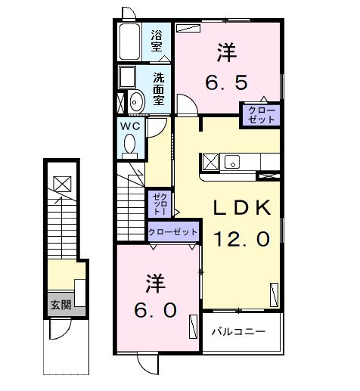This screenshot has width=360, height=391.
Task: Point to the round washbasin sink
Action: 138,101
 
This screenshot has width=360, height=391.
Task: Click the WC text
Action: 129,126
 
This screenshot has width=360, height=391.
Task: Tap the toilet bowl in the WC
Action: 129,144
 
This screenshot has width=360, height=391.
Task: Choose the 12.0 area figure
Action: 240,240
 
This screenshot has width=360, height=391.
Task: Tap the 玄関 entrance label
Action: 61,306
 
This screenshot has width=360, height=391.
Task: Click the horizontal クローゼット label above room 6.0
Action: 173,232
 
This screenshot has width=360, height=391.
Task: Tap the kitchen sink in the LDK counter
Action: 231,161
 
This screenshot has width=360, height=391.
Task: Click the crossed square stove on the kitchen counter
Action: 209,162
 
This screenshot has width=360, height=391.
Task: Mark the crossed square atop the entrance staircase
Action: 61,182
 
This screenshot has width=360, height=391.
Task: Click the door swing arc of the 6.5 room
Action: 186,104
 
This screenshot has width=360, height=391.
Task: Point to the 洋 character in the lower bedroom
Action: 156,284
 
